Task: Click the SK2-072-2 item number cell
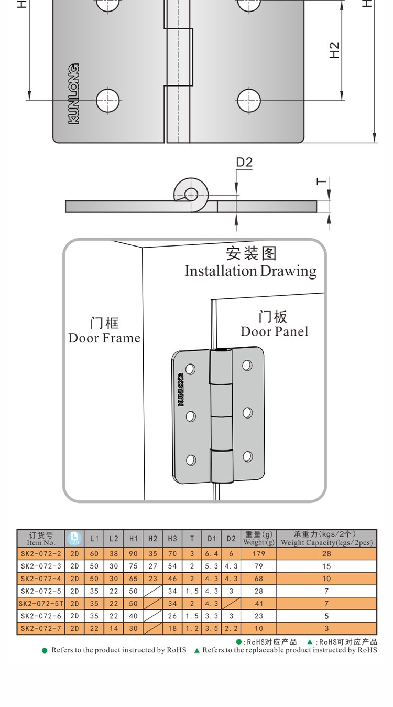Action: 41,554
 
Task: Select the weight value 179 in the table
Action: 259,554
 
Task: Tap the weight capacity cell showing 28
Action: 326,554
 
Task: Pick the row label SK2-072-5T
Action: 41,604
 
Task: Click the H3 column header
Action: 172,539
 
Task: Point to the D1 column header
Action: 212,539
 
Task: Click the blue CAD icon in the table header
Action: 74,539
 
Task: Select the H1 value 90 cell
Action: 133,554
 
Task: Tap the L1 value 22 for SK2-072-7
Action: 94,628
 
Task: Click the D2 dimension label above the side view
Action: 244,163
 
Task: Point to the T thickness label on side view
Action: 321,182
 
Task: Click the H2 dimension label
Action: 334,51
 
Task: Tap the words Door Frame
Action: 104,338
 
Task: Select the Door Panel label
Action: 274,331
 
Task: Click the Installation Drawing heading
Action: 250,271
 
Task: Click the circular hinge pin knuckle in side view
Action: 190,194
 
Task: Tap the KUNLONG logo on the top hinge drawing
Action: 74,94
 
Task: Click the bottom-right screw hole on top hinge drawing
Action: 248,100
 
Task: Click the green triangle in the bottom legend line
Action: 197,650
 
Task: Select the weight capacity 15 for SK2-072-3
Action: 326,566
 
